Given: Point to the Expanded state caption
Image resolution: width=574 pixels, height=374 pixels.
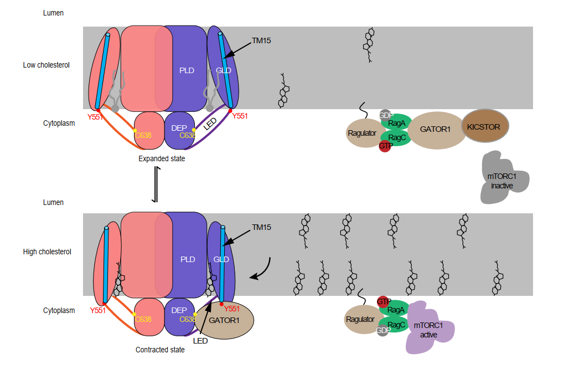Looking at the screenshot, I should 162,159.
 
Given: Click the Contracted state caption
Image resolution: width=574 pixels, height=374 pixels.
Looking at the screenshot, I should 160,350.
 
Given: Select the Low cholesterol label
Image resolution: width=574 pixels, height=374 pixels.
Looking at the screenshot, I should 46,65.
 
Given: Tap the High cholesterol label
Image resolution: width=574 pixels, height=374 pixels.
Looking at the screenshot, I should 47,252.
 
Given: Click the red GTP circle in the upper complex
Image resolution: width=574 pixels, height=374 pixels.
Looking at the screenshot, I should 385,146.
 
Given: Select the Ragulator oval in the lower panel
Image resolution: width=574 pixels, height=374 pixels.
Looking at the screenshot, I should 360,319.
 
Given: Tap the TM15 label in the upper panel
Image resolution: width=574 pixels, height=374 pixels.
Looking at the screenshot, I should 261,40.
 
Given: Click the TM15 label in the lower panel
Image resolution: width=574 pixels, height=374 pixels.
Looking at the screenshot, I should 262,227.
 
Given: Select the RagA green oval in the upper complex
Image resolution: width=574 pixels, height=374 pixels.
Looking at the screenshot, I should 396,123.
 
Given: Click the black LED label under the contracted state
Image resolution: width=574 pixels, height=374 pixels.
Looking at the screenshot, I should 200,341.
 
